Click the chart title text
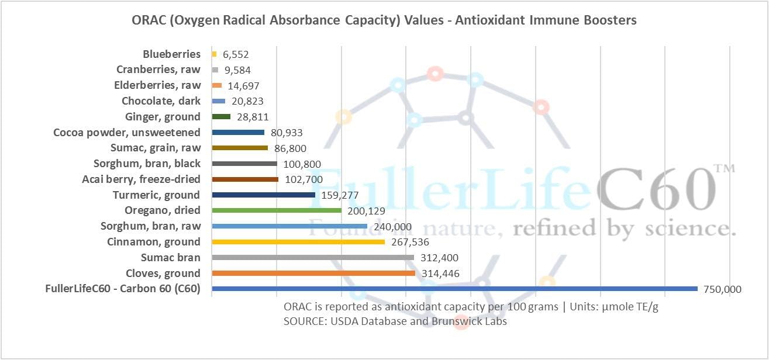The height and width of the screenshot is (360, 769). pyautogui.click(x=384, y=20)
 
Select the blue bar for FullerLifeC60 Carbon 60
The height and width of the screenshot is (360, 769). pyautogui.click(x=454, y=289)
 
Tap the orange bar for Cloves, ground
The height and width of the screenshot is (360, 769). pyautogui.click(x=313, y=273)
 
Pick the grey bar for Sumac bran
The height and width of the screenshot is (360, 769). pyautogui.click(x=313, y=257)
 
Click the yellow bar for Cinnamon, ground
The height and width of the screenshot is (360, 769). pyautogui.click(x=298, y=241)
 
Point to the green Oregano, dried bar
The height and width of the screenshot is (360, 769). pyautogui.click(x=277, y=210)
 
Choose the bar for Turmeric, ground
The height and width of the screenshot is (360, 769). pyautogui.click(x=263, y=195)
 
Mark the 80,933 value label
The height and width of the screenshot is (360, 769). pyautogui.click(x=287, y=133)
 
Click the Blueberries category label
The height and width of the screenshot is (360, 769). pyautogui.click(x=171, y=54)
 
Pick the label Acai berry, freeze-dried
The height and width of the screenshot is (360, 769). pyautogui.click(x=141, y=179)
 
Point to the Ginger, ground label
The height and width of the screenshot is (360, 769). pyautogui.click(x=163, y=117)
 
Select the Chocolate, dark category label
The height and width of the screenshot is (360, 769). pyautogui.click(x=161, y=101)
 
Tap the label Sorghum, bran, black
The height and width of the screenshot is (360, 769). pyautogui.click(x=147, y=164)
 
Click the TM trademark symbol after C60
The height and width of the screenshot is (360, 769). pyautogui.click(x=723, y=170)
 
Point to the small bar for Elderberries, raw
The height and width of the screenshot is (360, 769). pyautogui.click(x=216, y=85)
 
